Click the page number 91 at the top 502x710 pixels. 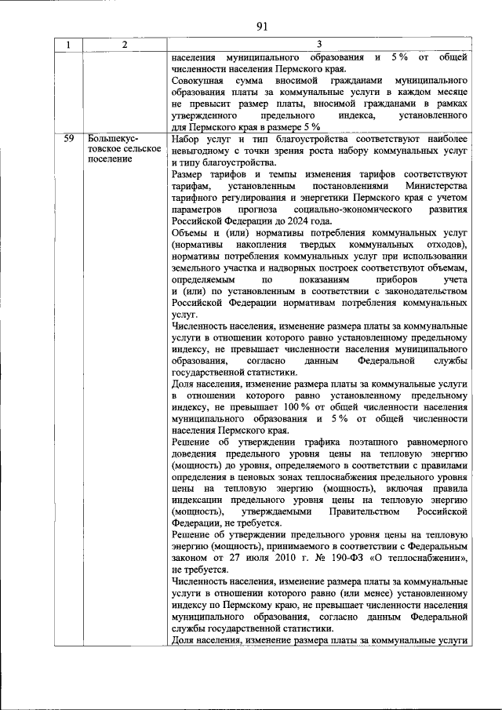click(x=262, y=25)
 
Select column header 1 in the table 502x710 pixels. click(x=68, y=45)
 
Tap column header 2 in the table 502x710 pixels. click(x=124, y=45)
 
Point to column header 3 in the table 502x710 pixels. click(x=320, y=45)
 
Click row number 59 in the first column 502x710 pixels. click(x=68, y=138)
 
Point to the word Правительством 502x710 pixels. click(x=339, y=512)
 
